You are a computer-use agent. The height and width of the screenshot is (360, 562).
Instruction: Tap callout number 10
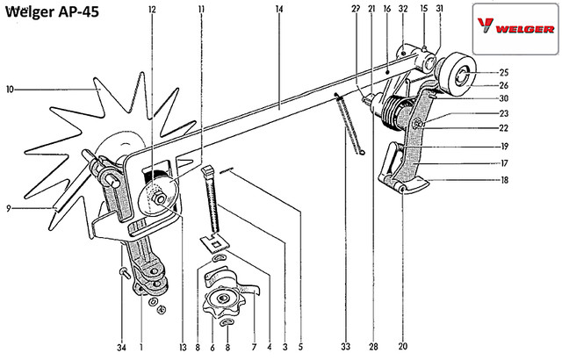9,89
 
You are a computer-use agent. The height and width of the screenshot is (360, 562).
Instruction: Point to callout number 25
504,72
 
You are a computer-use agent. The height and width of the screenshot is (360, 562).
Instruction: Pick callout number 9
9,208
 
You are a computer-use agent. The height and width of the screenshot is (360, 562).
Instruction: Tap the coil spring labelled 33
349,127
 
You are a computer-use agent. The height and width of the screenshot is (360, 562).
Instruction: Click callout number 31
439,9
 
